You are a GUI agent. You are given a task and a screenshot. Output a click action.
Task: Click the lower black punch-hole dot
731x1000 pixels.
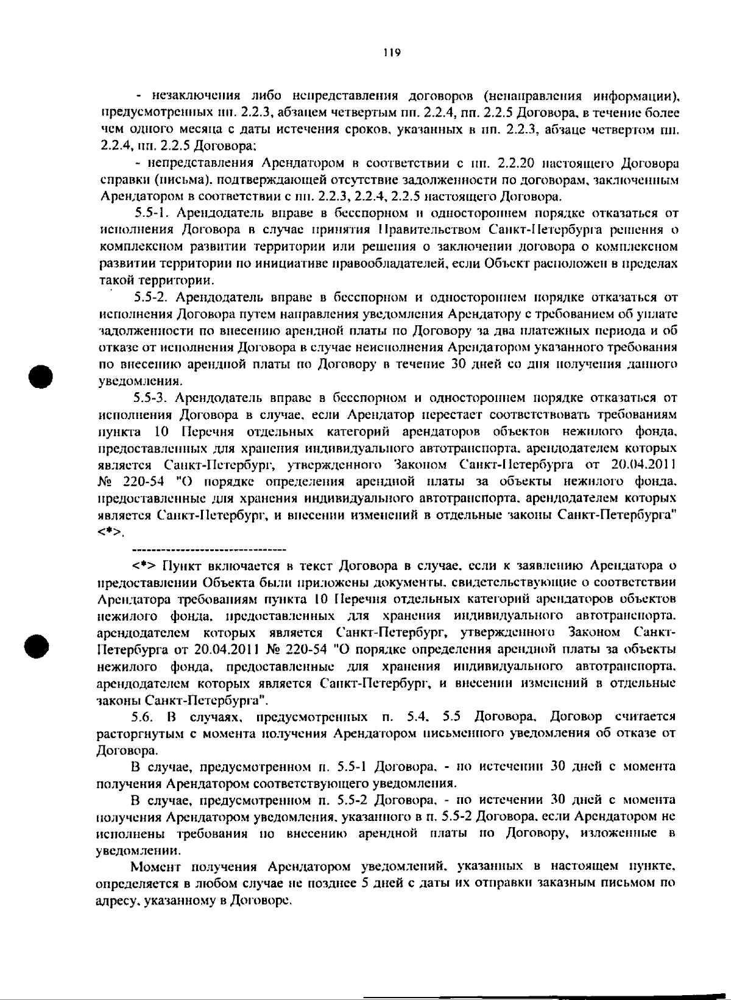coord(41,645)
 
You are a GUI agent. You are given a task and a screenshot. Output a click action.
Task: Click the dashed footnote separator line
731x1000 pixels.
coord(210,549)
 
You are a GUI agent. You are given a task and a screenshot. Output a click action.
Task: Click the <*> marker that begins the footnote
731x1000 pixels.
coord(144,565)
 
